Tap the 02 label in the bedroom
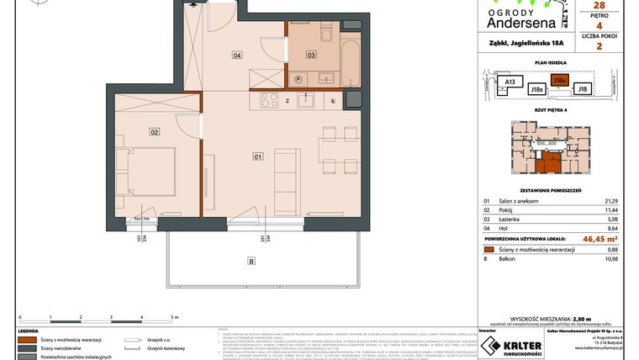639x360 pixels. pos(155,132)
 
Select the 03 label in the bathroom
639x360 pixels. pos(310,55)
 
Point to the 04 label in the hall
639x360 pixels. pos(237,56)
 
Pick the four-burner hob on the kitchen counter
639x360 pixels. pos(269,101)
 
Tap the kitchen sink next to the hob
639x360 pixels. pos(307,101)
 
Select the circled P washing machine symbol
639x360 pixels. pos(298,79)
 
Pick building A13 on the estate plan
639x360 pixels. pos(509,82)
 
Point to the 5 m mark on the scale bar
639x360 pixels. pos(174,316)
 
